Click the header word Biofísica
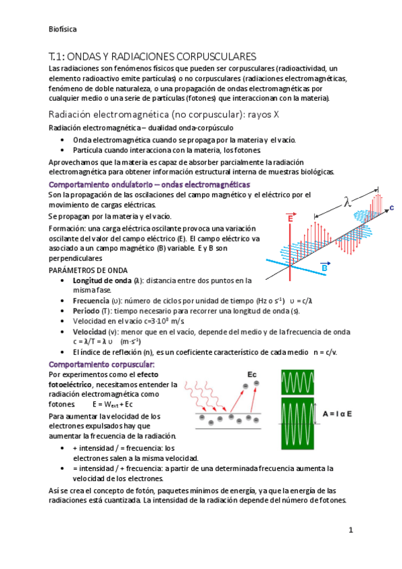(64, 30)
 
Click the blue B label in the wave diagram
(324, 267)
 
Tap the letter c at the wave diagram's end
(391, 208)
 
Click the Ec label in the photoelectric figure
(252, 373)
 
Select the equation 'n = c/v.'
(325, 352)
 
